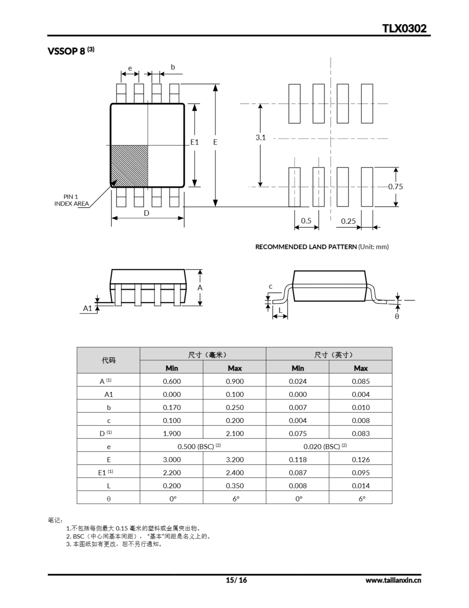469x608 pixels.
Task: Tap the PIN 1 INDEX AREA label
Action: point(71,200)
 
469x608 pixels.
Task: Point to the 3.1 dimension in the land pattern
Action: point(261,137)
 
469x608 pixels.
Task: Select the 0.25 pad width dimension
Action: point(348,221)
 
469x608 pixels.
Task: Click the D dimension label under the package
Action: point(147,213)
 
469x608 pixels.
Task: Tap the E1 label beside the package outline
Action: point(194,142)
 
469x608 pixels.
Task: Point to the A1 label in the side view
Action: point(87,308)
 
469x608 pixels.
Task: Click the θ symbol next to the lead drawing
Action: point(397,317)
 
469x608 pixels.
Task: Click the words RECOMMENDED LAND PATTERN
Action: point(306,247)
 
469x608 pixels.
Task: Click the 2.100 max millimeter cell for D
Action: point(235,433)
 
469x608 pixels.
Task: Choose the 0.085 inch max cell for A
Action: point(361,381)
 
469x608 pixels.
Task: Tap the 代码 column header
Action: point(108,360)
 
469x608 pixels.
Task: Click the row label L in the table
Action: point(109,486)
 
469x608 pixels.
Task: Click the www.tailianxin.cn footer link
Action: point(393,580)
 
